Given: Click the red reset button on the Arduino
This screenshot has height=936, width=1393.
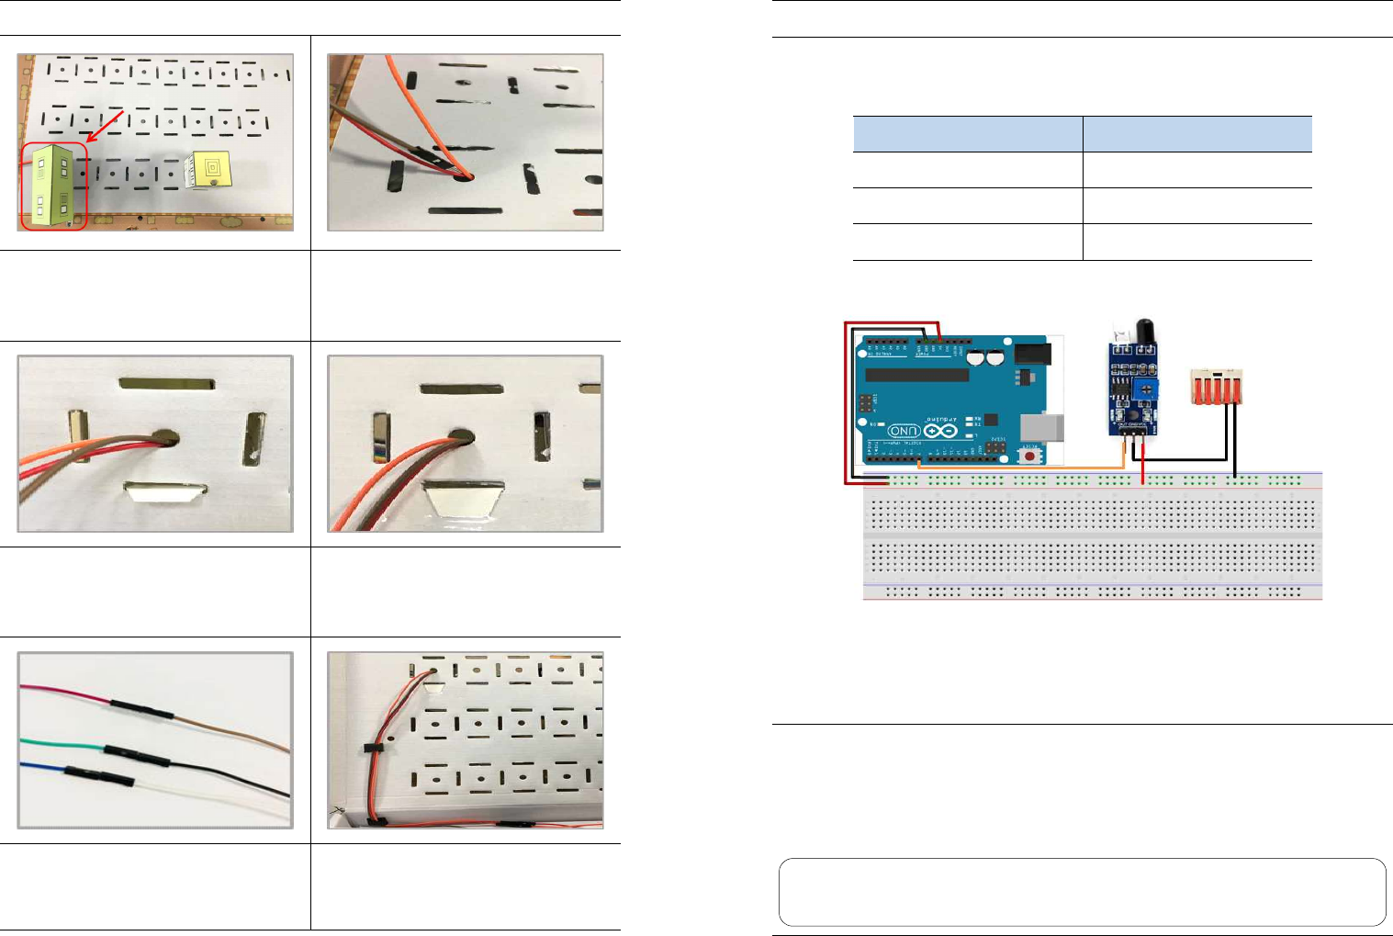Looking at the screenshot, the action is tap(1030, 456).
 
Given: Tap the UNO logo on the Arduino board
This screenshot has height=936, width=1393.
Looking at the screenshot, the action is tap(904, 431).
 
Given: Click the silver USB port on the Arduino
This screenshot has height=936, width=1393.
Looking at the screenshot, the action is tap(1047, 426).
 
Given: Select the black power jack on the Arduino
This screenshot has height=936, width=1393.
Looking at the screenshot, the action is tap(1032, 353).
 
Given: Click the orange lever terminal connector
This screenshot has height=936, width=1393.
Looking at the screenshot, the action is tap(1217, 387).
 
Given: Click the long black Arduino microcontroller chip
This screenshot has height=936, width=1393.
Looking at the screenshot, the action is tap(916, 375).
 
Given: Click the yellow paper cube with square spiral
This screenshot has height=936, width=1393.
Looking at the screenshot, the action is tap(208, 171).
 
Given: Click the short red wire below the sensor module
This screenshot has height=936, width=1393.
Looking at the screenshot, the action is tap(1141, 463).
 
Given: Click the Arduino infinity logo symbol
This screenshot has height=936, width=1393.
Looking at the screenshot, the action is tap(940, 431).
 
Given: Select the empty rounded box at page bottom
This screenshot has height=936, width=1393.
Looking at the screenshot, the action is tap(1082, 892).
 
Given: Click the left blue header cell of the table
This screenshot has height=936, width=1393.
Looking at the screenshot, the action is tap(968, 134).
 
